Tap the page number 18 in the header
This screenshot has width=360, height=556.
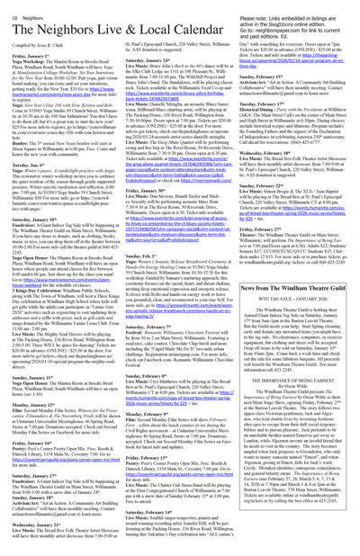[x=9, y=5]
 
